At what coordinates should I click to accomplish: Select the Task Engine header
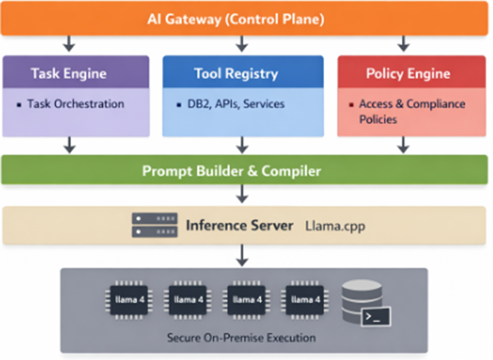point(69,73)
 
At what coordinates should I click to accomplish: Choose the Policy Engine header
point(408,73)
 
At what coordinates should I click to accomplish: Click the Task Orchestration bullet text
point(75,104)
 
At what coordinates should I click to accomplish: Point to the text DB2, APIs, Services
point(231,104)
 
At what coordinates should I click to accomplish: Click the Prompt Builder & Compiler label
point(241,171)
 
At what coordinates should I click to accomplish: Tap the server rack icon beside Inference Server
point(154,225)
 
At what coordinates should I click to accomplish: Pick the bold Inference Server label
point(239,225)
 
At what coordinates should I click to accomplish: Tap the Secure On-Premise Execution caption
point(241,337)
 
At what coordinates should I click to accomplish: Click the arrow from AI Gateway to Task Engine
point(69,44)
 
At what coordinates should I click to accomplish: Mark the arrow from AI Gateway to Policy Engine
point(403,44)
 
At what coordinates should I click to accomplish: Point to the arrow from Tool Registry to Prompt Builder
point(241,146)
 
